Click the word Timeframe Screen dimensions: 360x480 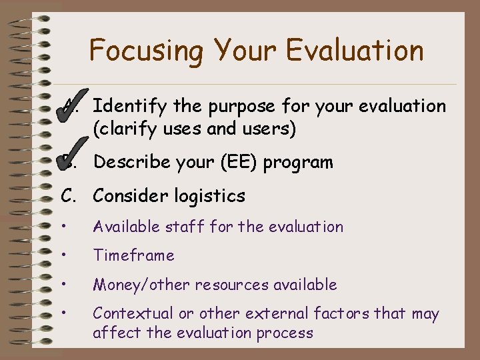click(x=134, y=255)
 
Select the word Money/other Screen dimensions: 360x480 click(x=141, y=285)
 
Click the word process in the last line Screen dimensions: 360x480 click(x=287, y=333)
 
